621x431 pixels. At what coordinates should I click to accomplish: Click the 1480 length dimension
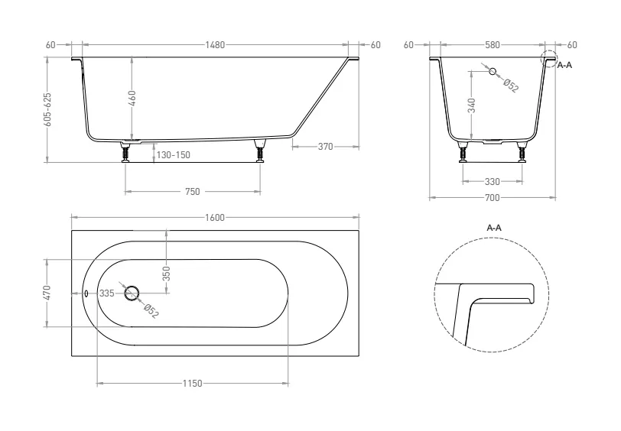[215, 45]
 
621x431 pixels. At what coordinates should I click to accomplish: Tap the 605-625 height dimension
[47, 109]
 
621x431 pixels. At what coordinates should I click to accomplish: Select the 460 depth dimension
[132, 98]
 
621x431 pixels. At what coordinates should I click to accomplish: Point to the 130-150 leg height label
[173, 155]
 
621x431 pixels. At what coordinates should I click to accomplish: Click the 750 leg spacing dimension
[193, 192]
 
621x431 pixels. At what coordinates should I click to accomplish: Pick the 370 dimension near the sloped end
[326, 147]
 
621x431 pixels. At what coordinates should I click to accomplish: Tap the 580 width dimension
[493, 45]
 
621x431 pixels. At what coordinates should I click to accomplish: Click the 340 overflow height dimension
[472, 105]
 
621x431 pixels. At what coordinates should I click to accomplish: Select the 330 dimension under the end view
[493, 182]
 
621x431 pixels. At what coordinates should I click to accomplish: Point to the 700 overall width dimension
[493, 197]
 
